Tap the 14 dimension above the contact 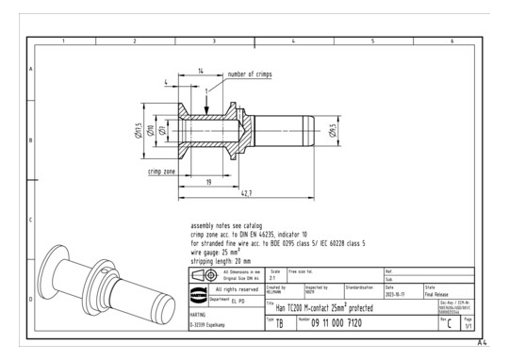[201, 71]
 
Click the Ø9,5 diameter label [333, 129]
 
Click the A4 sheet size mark [484, 344]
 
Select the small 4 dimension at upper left [167, 83]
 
